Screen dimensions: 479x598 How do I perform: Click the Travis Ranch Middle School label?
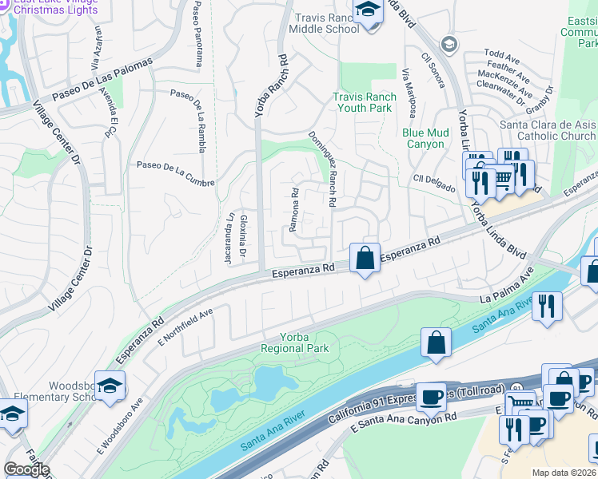point(326,23)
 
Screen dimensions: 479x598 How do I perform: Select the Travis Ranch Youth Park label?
point(364,102)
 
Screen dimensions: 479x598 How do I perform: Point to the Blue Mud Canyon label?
point(423,138)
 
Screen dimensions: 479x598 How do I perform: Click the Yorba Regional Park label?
point(294,342)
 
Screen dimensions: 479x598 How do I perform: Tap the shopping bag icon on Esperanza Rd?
point(365,259)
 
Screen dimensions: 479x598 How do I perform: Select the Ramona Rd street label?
point(293,210)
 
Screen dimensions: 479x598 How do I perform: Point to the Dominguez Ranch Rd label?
point(324,168)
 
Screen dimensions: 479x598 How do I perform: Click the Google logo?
point(26,469)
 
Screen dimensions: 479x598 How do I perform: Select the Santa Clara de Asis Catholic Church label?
point(548,130)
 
